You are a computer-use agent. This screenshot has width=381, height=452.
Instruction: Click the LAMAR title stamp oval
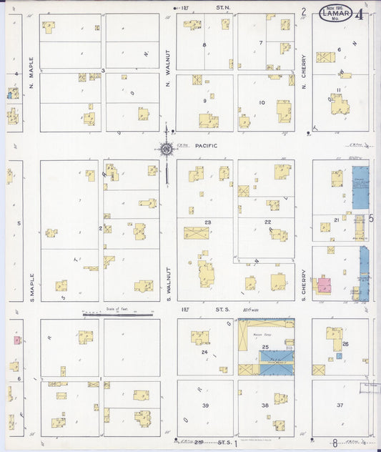click(335, 14)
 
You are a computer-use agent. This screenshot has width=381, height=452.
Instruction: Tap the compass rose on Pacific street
click(166, 149)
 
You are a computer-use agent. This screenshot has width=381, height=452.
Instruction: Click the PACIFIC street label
click(205, 145)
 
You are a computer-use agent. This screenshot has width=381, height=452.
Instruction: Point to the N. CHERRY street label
click(303, 72)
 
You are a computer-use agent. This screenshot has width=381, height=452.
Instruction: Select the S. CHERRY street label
click(303, 284)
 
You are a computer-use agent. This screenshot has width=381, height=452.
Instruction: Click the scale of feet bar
click(117, 314)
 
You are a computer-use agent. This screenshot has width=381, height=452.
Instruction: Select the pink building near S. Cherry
click(324, 285)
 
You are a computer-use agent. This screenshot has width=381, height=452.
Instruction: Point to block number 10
click(262, 103)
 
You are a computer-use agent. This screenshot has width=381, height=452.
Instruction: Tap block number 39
click(205, 406)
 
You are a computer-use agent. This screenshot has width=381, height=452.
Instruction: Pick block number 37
click(340, 406)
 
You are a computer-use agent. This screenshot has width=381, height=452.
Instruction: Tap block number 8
click(204, 45)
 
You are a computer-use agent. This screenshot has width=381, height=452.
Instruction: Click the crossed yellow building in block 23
click(196, 232)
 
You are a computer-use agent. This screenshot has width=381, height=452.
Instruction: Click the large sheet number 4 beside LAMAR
click(359, 14)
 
